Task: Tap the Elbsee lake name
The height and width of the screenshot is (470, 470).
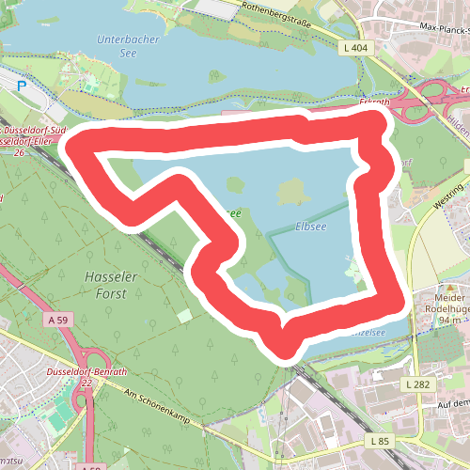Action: click(311, 227)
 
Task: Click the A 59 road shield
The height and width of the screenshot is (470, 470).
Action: click(59, 321)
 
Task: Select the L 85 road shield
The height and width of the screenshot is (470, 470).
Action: click(379, 441)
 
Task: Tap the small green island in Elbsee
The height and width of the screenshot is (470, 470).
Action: click(291, 194)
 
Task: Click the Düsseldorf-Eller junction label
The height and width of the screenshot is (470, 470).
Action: click(28, 141)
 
